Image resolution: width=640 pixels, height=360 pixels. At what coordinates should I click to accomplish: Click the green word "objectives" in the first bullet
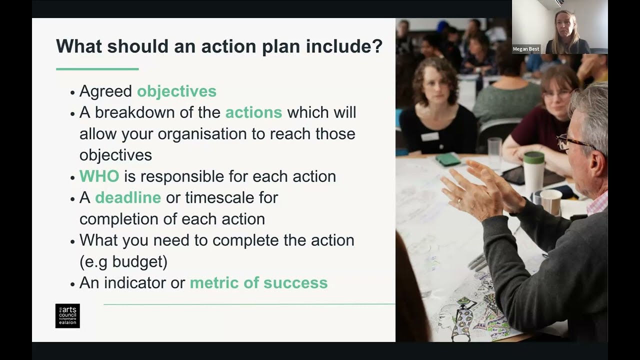(176, 91)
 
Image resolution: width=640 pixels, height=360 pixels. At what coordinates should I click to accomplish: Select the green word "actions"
(253, 112)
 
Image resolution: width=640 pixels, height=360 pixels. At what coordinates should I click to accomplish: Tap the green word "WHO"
(99, 176)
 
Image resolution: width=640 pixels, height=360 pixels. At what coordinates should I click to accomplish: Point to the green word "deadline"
(128, 197)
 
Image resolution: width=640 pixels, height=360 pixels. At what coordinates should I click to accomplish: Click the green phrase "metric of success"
(258, 283)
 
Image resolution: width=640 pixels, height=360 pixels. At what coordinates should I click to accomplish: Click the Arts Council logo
(67, 316)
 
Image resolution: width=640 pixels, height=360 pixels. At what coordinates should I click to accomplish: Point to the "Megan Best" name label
(526, 49)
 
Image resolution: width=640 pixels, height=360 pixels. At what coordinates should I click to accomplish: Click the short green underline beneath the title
(97, 69)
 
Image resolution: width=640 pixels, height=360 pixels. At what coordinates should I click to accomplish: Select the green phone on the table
(447, 159)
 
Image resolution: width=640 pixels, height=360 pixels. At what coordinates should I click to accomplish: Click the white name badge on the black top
(429, 136)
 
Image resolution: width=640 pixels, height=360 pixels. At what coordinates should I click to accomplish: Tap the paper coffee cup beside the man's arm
(551, 201)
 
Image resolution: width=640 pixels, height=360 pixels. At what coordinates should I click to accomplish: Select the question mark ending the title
(377, 46)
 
